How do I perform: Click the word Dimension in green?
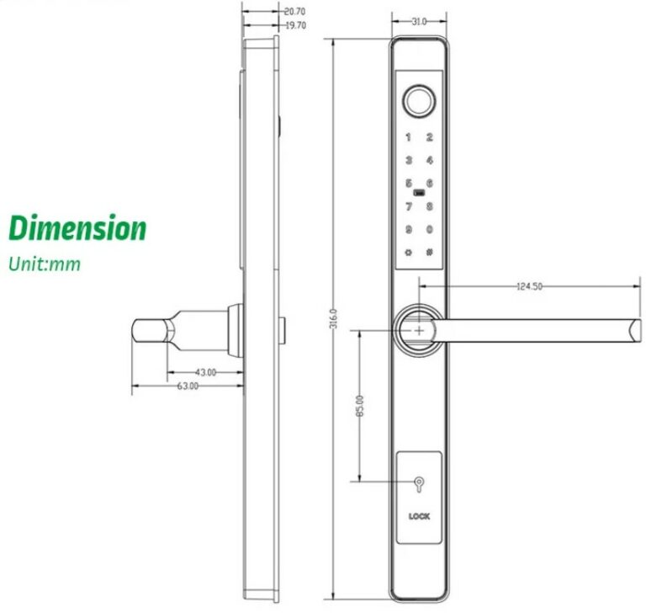tap(77, 228)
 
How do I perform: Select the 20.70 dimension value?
tap(294, 12)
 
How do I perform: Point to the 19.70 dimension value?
tap(294, 25)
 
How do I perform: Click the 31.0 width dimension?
tap(418, 21)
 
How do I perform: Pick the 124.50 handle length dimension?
tap(529, 287)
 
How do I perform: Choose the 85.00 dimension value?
tap(360, 406)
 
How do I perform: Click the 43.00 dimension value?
tap(205, 371)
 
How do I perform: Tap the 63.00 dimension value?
tap(188, 386)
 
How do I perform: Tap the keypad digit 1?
tap(410, 137)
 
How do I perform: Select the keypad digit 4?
tap(429, 160)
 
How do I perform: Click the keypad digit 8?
tap(429, 205)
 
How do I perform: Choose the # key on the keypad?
tap(429, 252)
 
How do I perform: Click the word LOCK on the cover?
tap(419, 516)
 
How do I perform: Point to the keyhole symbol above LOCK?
tap(419, 486)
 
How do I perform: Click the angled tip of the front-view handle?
tap(632, 329)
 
